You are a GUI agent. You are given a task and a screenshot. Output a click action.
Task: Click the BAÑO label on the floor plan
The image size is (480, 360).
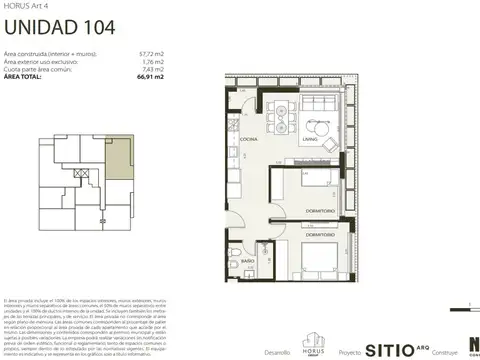click(x=247, y=262)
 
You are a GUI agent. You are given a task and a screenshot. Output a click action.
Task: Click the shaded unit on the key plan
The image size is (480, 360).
click(x=118, y=159)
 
